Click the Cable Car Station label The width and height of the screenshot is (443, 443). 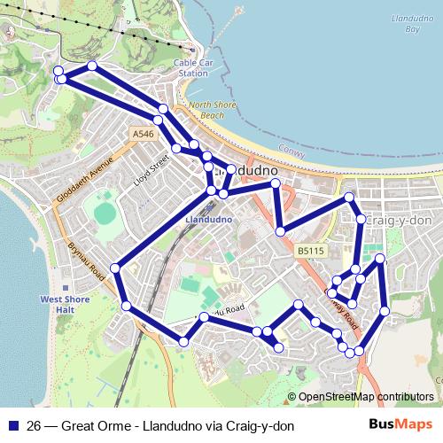click(192, 68)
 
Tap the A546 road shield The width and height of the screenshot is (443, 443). click(144, 133)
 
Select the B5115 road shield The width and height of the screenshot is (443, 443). click(310, 251)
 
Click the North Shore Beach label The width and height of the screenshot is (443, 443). click(200, 110)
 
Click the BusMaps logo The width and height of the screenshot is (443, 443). click(400, 424)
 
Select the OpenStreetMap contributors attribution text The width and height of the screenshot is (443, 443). click(366, 397)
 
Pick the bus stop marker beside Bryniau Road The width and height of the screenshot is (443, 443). click(115, 268)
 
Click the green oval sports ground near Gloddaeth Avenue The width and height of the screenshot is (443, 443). click(104, 213)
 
